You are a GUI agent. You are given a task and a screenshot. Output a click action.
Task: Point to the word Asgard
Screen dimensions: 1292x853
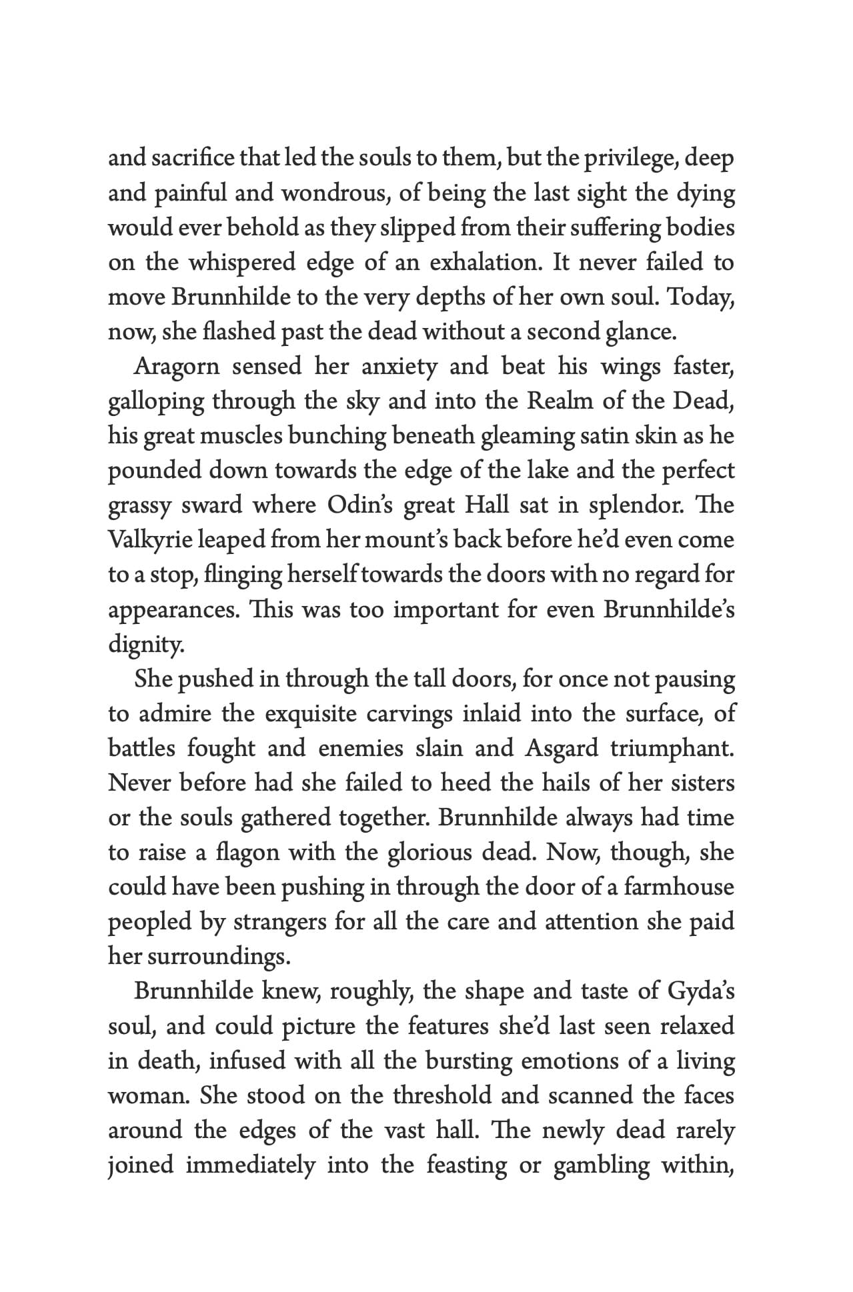tap(562, 748)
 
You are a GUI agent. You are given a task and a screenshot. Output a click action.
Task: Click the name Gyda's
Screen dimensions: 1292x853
tap(700, 991)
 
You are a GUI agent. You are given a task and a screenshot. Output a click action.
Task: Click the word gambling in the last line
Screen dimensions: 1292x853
tap(601, 1165)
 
